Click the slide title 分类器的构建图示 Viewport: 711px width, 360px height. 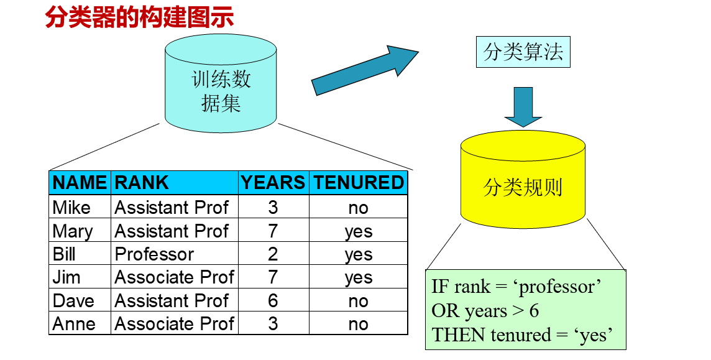tap(139, 17)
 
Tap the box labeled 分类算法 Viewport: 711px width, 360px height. tap(523, 52)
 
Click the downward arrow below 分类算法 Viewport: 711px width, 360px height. tap(523, 106)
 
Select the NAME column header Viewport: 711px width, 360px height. tap(80, 182)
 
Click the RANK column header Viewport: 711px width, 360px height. tap(142, 182)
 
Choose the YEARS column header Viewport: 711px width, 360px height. tap(273, 182)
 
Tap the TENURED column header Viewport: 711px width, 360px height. tap(359, 182)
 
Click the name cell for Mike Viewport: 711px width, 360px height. tap(71, 207)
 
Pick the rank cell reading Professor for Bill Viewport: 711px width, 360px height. tap(154, 254)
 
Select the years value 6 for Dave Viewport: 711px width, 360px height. tap(273, 301)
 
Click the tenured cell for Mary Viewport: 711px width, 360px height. tap(359, 231)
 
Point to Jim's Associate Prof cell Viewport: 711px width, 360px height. tap(174, 277)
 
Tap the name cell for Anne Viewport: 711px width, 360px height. tap(74, 324)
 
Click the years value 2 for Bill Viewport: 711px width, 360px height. tap(273, 254)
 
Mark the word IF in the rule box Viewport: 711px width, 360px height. tap(440, 287)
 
